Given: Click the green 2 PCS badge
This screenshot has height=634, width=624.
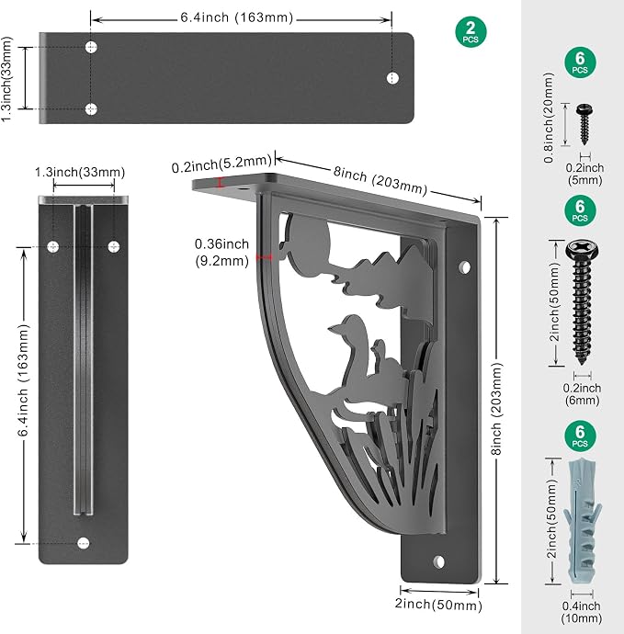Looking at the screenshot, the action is [x=471, y=32].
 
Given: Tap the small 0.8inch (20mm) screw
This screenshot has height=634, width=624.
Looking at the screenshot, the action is [x=584, y=124].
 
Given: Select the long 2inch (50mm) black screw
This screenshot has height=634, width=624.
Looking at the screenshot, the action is [x=582, y=302].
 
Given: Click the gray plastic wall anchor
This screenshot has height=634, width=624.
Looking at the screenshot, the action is [x=583, y=521].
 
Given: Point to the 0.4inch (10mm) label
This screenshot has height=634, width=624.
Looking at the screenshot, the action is [x=581, y=612].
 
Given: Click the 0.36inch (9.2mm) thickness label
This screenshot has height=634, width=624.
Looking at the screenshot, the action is [x=221, y=253].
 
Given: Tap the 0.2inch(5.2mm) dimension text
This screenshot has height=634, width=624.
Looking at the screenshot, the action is [x=221, y=164].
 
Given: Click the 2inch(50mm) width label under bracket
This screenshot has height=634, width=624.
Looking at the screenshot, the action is [x=438, y=605].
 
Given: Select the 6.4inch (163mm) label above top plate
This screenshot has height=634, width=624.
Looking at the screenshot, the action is [x=236, y=17].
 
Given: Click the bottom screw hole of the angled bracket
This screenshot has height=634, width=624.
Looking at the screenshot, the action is [x=438, y=561].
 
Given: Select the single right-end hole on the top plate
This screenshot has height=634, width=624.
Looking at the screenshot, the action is [x=392, y=78].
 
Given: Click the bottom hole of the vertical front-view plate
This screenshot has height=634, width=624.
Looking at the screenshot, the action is [x=84, y=543].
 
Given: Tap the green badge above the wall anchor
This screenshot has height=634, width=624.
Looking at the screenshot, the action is [x=580, y=436].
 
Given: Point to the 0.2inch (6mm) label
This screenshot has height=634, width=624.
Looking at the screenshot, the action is [x=582, y=394].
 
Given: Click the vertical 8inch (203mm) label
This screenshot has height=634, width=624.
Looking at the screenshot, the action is [x=496, y=408].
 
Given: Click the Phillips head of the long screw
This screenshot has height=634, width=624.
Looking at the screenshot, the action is [x=582, y=249].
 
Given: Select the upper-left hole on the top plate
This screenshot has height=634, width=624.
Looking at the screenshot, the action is [x=91, y=47].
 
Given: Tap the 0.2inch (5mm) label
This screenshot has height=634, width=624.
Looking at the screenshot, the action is [x=584, y=174].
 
